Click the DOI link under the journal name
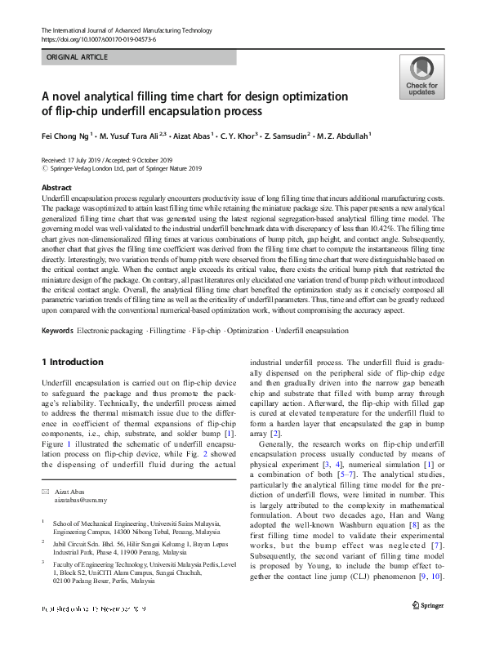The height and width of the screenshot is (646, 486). coord(97,39)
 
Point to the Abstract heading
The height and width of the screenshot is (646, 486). coord(56,188)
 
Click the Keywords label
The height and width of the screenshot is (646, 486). coord(57,331)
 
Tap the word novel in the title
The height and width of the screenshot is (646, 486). coord(72,96)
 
